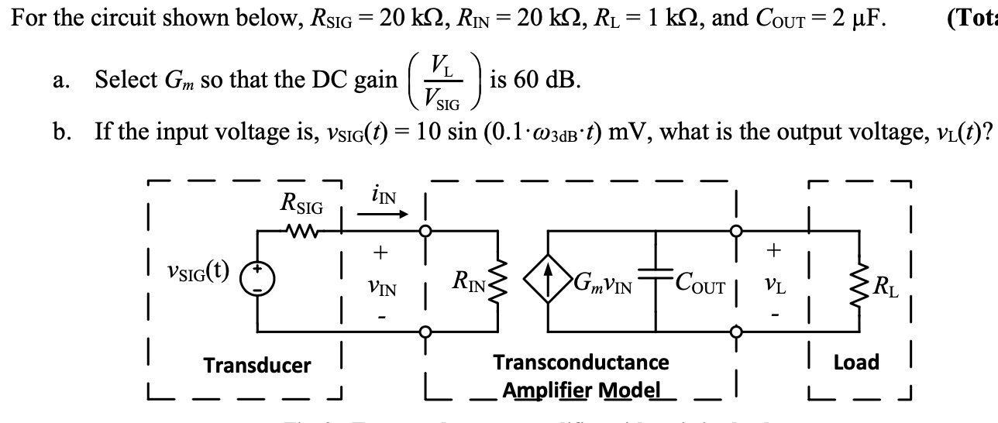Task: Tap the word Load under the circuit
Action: coord(855,362)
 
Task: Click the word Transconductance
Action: coord(580,362)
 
